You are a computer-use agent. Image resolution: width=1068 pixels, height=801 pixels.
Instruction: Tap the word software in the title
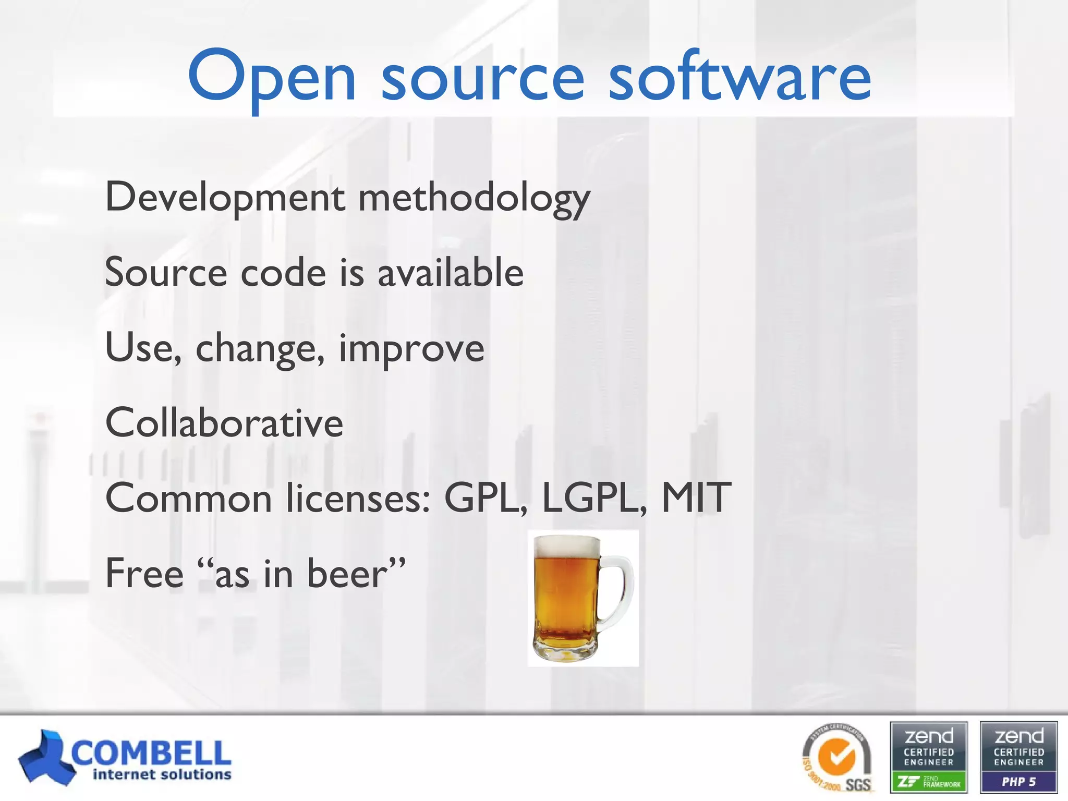point(739,77)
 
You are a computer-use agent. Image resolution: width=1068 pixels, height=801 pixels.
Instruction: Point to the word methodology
point(474,198)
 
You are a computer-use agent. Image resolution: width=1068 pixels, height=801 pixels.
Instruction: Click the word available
point(450,273)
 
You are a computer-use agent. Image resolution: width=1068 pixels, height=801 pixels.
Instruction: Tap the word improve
point(411,348)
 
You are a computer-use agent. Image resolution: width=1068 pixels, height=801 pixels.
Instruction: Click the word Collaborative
point(224,422)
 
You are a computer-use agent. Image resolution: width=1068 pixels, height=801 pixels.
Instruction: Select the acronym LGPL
point(594,498)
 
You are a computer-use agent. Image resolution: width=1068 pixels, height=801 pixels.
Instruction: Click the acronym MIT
point(696,498)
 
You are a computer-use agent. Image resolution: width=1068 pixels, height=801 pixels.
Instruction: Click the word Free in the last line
point(144,573)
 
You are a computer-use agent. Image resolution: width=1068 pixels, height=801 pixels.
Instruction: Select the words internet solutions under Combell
point(162,775)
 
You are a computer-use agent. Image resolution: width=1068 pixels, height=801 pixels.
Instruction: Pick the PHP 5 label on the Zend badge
point(1018,782)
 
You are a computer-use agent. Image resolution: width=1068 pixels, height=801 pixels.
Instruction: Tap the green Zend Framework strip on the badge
point(929,782)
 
